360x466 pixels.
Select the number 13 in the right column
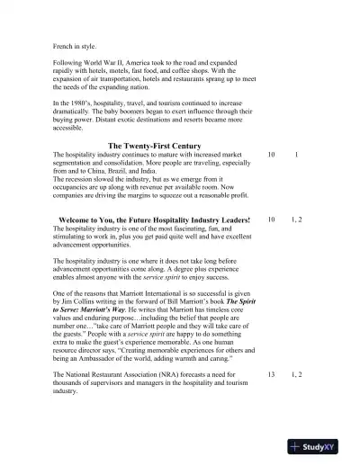point(272,373)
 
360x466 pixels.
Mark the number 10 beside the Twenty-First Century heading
point(272,155)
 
